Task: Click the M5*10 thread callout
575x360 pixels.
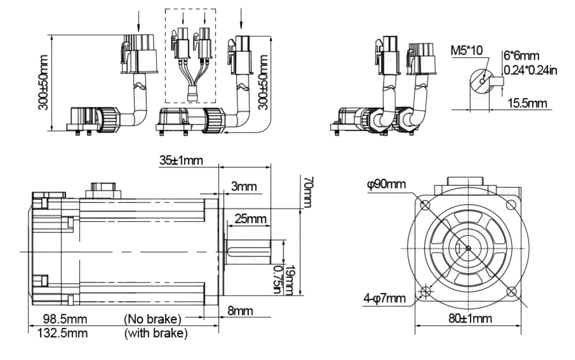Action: click(x=466, y=50)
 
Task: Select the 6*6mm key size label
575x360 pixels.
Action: click(x=521, y=56)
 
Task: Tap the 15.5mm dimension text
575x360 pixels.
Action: click(x=527, y=103)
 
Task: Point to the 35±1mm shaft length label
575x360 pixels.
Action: click(x=181, y=160)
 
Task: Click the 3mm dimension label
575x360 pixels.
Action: click(x=244, y=186)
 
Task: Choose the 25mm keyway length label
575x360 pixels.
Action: click(x=250, y=219)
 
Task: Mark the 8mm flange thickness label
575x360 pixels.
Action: click(x=240, y=311)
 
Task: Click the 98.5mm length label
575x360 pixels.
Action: click(x=65, y=319)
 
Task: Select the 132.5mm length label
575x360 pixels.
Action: click(x=63, y=333)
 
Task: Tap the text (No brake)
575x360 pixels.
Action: click(x=152, y=319)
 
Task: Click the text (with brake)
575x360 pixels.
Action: click(x=156, y=333)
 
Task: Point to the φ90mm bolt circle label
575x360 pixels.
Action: click(x=386, y=184)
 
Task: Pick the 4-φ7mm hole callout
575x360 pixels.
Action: click(x=384, y=298)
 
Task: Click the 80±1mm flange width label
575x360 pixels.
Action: click(x=470, y=318)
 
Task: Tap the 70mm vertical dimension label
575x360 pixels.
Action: click(x=308, y=192)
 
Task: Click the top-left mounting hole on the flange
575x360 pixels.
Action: click(x=425, y=206)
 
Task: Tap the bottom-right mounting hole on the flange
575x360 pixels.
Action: click(x=511, y=291)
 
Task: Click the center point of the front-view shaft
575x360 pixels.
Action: click(x=468, y=248)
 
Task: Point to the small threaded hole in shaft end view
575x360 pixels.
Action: click(x=482, y=81)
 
